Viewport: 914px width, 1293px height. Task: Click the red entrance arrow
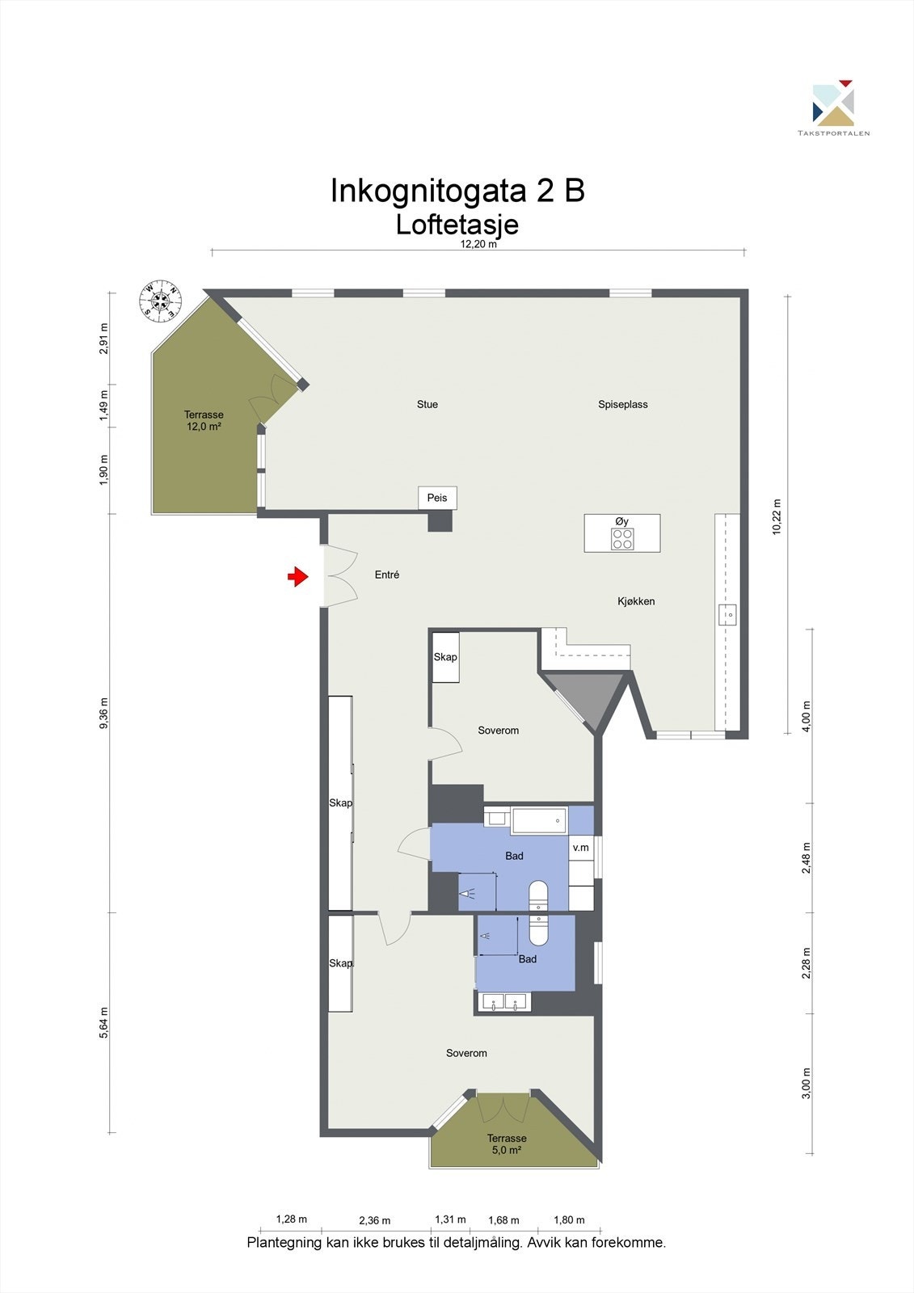[298, 576]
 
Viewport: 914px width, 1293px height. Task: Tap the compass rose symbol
[160, 301]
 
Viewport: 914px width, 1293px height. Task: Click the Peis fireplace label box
[437, 498]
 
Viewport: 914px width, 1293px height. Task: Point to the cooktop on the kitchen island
[622, 539]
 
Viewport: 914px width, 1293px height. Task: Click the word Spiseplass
[623, 404]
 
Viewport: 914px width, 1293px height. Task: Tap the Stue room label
[428, 404]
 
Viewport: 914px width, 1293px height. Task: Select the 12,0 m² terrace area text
[204, 427]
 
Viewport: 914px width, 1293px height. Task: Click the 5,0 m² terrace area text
[507, 1150]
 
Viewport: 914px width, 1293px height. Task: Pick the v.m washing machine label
[580, 848]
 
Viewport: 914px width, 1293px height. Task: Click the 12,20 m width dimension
[478, 245]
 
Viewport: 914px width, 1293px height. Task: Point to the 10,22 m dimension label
[777, 516]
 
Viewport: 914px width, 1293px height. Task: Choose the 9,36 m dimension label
[103, 714]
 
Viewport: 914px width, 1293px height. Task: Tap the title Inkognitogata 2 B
[457, 191]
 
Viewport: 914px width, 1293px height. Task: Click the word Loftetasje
[457, 224]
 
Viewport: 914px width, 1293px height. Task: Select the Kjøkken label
[636, 601]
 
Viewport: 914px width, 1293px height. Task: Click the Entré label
[387, 575]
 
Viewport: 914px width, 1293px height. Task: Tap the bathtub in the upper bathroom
[539, 821]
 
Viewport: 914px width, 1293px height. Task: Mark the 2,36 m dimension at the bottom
[374, 1220]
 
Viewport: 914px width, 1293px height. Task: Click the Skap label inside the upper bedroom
[445, 657]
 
